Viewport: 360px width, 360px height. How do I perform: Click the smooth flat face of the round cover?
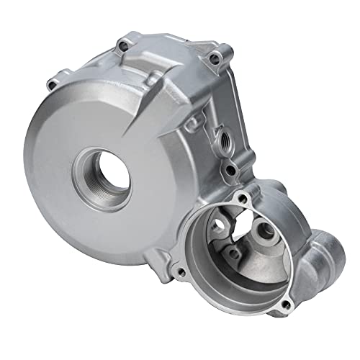click(65, 166)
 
